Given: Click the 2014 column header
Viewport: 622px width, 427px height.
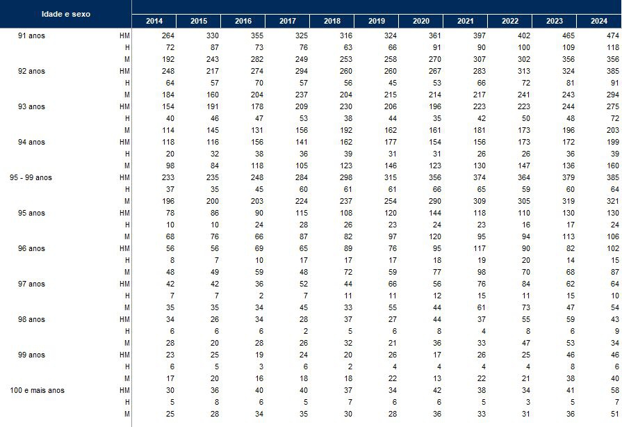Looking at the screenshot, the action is click(x=154, y=21).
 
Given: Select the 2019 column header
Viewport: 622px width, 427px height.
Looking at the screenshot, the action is click(x=377, y=21).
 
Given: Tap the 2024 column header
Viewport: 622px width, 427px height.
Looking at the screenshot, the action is click(x=598, y=21).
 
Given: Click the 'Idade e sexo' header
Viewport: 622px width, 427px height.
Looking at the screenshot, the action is click(x=66, y=14).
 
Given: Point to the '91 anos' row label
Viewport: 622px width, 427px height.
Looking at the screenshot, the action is click(x=31, y=35).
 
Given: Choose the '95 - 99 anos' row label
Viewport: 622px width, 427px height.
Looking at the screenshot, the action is click(x=31, y=177).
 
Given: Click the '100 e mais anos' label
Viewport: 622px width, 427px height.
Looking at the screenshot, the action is click(x=38, y=391).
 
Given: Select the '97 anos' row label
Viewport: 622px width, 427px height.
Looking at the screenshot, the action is click(x=31, y=284).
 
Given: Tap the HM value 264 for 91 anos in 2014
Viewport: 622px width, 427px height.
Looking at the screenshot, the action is click(x=168, y=35).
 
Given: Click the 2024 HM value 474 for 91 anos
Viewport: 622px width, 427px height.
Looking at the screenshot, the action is click(x=613, y=35).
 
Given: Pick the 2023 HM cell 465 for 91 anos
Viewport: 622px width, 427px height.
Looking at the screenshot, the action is click(x=568, y=35).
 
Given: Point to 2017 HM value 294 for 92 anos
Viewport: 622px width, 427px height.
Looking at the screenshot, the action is click(x=302, y=71).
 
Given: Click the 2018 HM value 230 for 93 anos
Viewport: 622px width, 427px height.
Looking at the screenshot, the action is click(x=346, y=107).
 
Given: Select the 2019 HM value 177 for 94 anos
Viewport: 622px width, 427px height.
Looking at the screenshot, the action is click(x=391, y=142).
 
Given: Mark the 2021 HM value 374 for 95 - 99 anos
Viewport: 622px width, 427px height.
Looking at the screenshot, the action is click(x=480, y=177).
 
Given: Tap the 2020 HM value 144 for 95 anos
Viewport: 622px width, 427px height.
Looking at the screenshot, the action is click(x=435, y=213).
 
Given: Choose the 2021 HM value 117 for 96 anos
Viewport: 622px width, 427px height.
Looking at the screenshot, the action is click(x=480, y=248).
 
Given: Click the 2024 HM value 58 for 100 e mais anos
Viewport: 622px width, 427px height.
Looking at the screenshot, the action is click(x=615, y=391).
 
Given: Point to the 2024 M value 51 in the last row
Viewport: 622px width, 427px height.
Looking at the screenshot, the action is click(x=615, y=414).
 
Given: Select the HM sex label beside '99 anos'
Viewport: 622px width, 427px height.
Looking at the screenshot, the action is click(x=124, y=355).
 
